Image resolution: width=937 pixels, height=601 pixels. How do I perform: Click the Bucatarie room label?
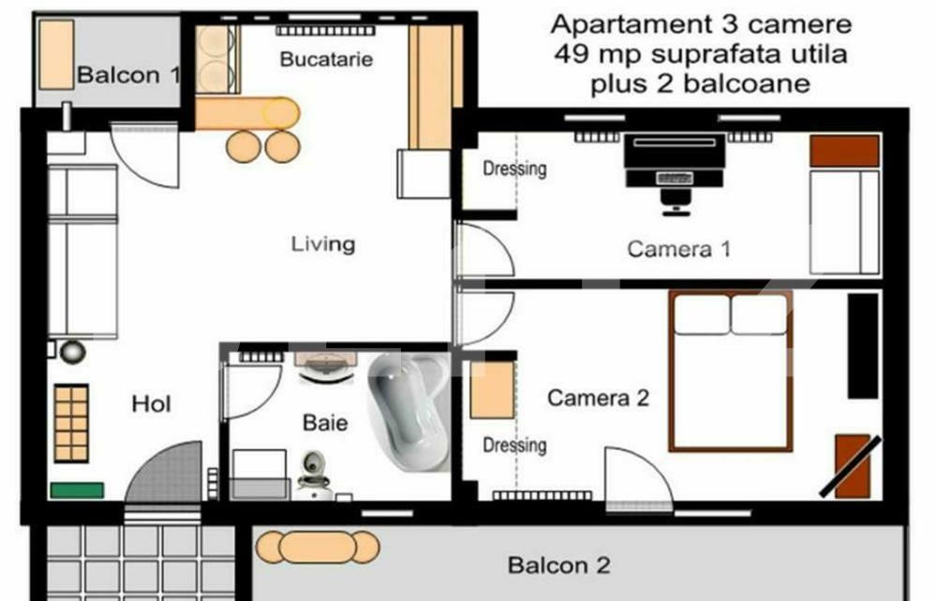(x=326, y=59)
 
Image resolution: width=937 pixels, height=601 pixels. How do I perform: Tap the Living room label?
(x=322, y=243)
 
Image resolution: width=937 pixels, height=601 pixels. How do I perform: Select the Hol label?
(x=151, y=404)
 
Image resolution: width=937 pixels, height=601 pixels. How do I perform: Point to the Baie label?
(x=325, y=422)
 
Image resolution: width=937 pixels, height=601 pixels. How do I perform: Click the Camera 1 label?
(x=678, y=248)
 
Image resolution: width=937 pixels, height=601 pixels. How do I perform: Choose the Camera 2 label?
(x=598, y=398)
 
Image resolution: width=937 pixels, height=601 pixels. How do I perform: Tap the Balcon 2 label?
(x=558, y=564)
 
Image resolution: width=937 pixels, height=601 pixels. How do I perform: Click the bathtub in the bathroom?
(x=409, y=412)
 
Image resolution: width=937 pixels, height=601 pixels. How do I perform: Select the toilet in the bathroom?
(x=313, y=472)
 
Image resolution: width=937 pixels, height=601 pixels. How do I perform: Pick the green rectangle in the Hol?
(x=77, y=490)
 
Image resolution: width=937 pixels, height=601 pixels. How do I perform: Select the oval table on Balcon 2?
(x=318, y=548)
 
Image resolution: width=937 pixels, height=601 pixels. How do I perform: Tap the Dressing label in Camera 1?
(x=514, y=169)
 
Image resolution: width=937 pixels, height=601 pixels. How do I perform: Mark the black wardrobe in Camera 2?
(x=864, y=345)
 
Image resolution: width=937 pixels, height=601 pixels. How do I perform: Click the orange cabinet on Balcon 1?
(x=56, y=54)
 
